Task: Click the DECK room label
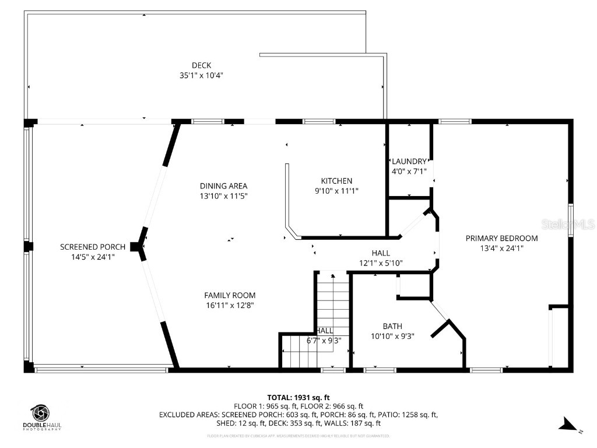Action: (201, 65)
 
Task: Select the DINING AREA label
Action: (223, 186)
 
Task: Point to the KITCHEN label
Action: (336, 181)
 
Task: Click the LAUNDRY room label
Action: (409, 162)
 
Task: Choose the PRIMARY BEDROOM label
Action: (501, 238)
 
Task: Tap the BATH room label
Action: (392, 326)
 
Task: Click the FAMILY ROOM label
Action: (229, 295)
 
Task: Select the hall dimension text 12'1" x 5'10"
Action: (381, 263)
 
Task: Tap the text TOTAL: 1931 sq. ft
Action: (298, 398)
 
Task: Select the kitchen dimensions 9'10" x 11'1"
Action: (336, 190)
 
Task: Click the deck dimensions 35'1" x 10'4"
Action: (201, 75)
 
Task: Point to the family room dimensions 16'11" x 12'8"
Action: (229, 305)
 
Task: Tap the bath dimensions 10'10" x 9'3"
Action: (392, 336)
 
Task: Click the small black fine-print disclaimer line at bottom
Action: (298, 436)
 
